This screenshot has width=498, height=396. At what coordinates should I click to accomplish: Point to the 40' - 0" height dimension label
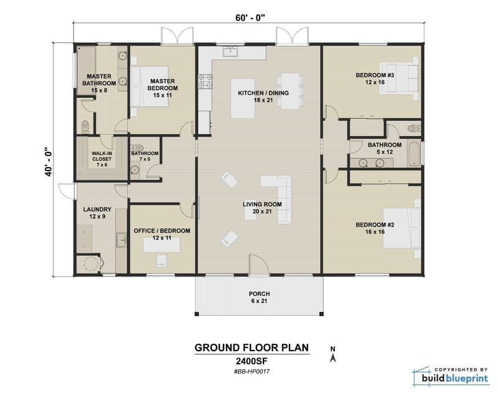pos(48,161)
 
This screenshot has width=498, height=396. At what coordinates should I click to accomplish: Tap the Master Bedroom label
pos(161,88)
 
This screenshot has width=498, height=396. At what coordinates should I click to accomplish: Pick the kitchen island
pos(244,98)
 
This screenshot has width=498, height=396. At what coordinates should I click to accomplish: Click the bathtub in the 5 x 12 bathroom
pos(414,155)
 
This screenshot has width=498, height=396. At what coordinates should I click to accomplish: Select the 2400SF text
pos(251,360)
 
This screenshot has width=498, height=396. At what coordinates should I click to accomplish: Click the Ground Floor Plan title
pos(251,347)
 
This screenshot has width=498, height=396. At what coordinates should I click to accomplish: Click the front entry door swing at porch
pos(258,264)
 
